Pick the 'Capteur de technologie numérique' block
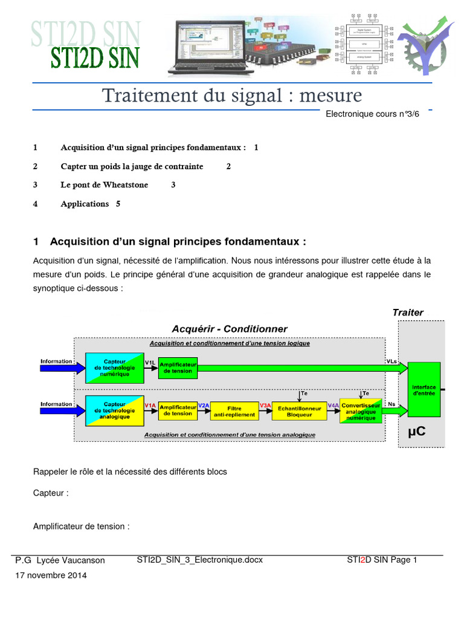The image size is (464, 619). pos(114,366)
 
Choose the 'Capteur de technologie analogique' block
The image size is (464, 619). pos(114,410)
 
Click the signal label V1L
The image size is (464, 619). pos(150,362)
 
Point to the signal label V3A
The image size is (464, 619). pos(265,405)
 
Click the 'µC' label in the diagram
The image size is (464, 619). pos(417,432)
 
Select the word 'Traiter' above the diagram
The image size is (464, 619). pos(408,313)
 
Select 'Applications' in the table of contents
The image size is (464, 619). pos(85,204)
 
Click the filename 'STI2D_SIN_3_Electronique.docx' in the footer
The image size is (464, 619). pos(200,560)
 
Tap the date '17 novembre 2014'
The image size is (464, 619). pos(51,575)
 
